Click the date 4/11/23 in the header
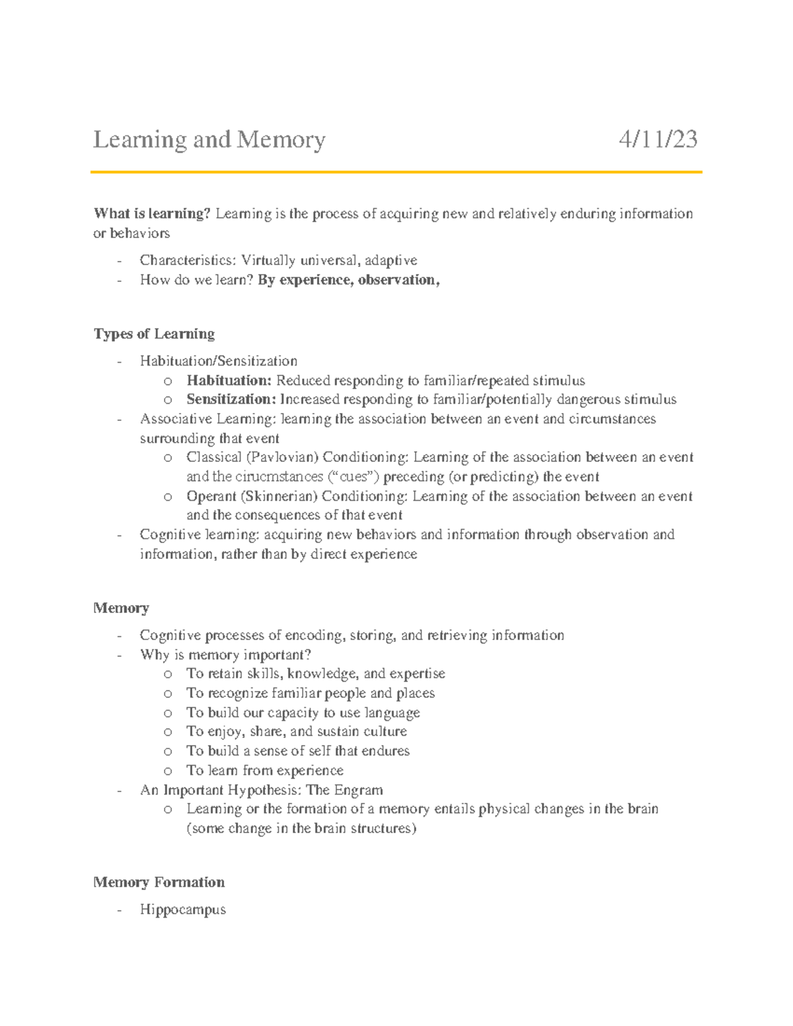(658, 139)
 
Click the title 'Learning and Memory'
(209, 139)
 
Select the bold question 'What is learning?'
(152, 213)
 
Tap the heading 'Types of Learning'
(154, 334)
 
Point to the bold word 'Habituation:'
(229, 381)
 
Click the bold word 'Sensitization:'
(231, 399)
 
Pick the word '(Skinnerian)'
(279, 496)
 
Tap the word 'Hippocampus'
(182, 910)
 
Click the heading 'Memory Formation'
(159, 882)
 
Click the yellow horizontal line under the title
(397, 172)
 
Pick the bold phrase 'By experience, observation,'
(348, 280)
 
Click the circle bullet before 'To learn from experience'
(169, 770)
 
